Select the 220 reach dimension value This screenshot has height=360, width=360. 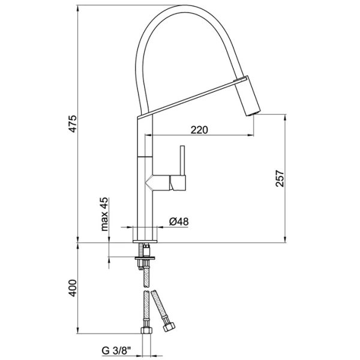pyautogui.click(x=200, y=130)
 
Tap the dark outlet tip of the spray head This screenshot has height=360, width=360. pyautogui.click(x=253, y=112)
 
